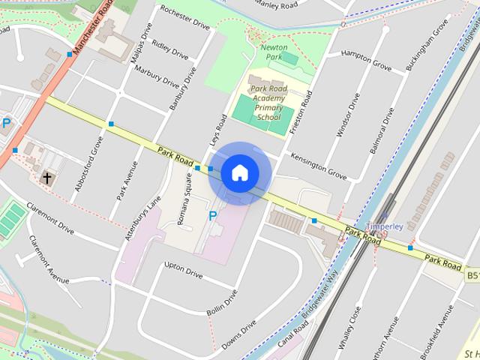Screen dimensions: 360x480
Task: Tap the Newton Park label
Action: tap(274, 52)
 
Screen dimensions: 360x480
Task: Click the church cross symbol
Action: tap(47, 178)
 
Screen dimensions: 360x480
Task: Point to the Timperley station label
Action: tap(385, 226)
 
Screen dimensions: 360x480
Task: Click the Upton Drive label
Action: tap(183, 270)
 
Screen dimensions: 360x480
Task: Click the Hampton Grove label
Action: tap(367, 61)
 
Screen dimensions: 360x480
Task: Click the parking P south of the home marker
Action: tap(212, 216)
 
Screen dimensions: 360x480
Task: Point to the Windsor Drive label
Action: tap(349, 116)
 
